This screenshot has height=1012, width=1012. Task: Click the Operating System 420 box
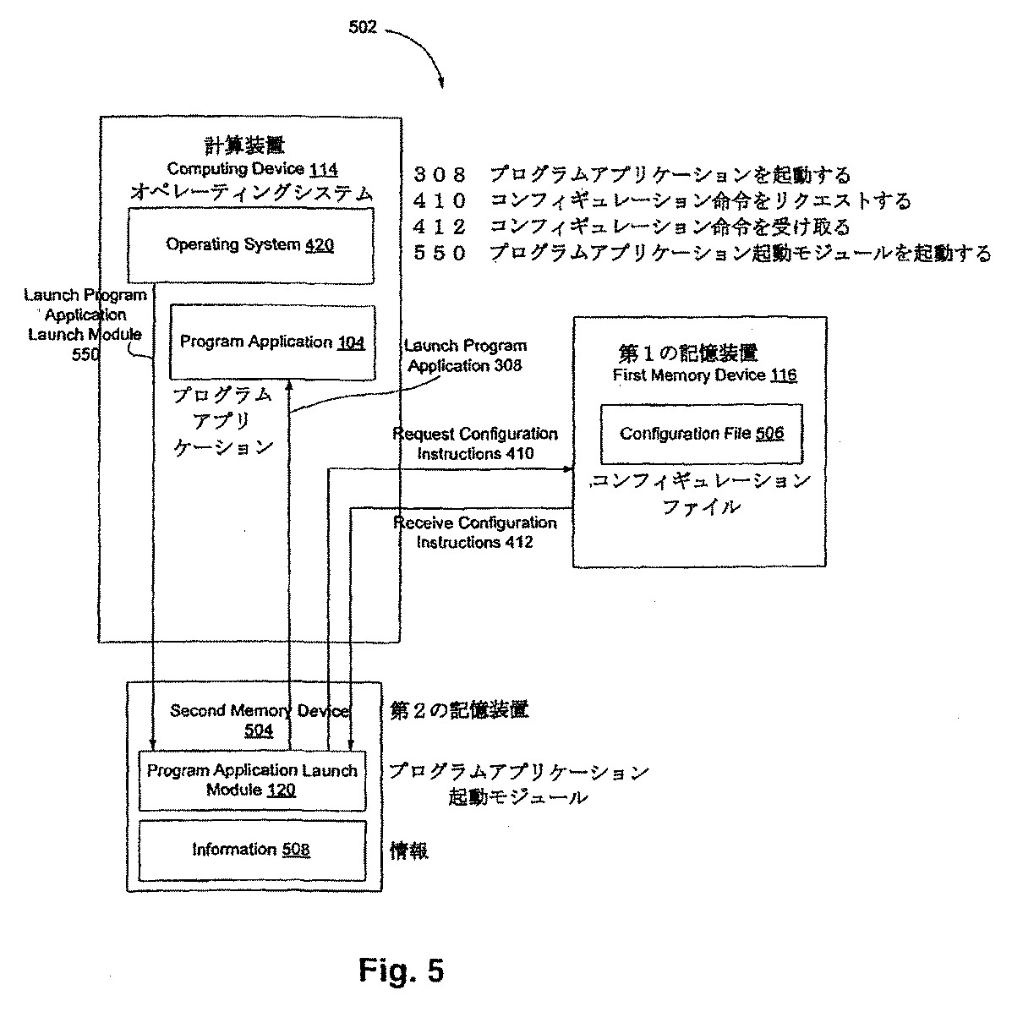(x=250, y=245)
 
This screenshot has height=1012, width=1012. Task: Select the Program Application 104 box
(x=271, y=342)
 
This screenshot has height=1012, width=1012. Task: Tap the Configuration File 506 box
(x=701, y=434)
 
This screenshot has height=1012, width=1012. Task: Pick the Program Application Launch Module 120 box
(x=251, y=780)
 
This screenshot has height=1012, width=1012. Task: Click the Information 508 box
(x=251, y=850)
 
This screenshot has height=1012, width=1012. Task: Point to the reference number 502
(x=363, y=27)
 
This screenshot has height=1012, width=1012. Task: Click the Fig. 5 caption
(x=401, y=970)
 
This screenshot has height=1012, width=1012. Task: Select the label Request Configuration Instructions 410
(x=475, y=444)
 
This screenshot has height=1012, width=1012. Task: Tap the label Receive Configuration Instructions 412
(x=475, y=533)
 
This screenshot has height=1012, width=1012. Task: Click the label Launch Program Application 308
(x=466, y=356)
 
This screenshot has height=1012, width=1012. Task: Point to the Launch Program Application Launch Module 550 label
(x=85, y=325)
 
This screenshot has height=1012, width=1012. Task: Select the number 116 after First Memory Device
(x=782, y=375)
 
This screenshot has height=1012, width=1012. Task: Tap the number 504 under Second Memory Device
(x=259, y=730)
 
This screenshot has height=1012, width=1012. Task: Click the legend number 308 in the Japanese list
(x=440, y=176)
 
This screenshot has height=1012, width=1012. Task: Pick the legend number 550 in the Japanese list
(x=440, y=253)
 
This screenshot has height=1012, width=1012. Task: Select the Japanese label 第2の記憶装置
(x=459, y=710)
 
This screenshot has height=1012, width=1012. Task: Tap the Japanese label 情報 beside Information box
(x=409, y=851)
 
